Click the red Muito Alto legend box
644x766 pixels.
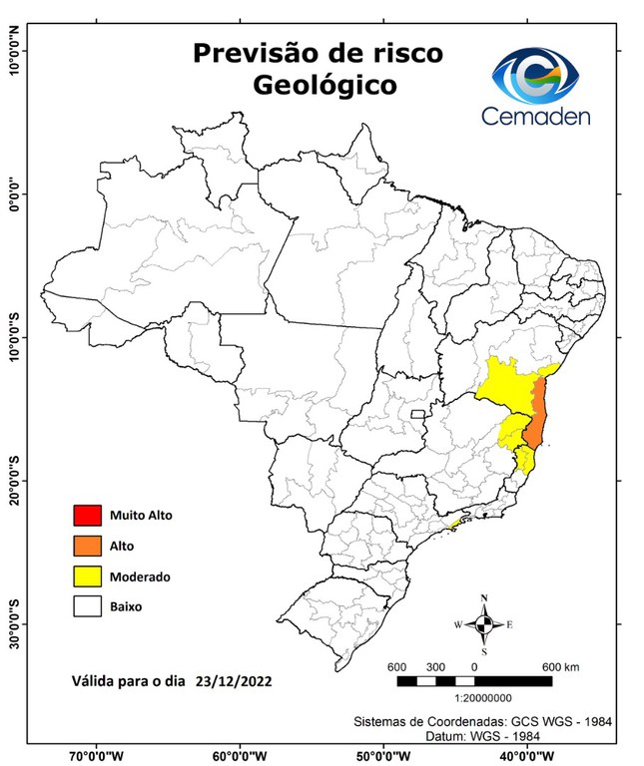coord(88,516)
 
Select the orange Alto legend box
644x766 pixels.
coord(88,546)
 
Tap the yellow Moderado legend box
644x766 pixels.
coord(88,575)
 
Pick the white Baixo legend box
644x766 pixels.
coord(88,605)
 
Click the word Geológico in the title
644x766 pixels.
coord(323,86)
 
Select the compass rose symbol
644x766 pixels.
coord(484,624)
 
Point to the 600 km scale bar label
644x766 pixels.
coord(561,666)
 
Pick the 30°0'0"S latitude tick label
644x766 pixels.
coord(15,623)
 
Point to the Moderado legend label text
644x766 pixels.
coord(141,576)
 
